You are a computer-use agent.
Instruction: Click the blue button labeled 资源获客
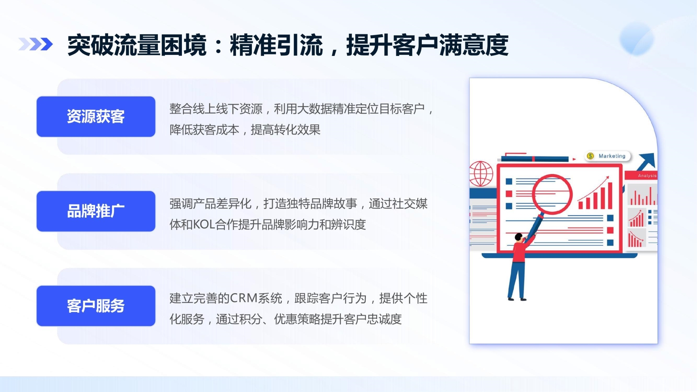96,117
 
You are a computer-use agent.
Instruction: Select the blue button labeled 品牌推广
96,211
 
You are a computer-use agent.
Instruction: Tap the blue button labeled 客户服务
96,306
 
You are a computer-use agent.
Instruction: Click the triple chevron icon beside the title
36,44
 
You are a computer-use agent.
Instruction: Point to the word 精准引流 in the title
276,45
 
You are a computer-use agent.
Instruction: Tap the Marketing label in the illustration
612,156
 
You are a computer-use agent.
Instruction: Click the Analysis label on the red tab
647,175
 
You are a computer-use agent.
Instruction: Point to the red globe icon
481,174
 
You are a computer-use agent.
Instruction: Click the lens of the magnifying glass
552,194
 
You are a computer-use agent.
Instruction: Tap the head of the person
519,237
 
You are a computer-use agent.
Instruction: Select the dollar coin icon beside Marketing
591,156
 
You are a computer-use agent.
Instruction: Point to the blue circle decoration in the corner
637,39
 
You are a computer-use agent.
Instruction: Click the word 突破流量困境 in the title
137,45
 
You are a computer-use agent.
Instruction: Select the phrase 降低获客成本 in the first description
204,130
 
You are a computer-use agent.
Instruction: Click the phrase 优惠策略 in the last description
297,319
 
